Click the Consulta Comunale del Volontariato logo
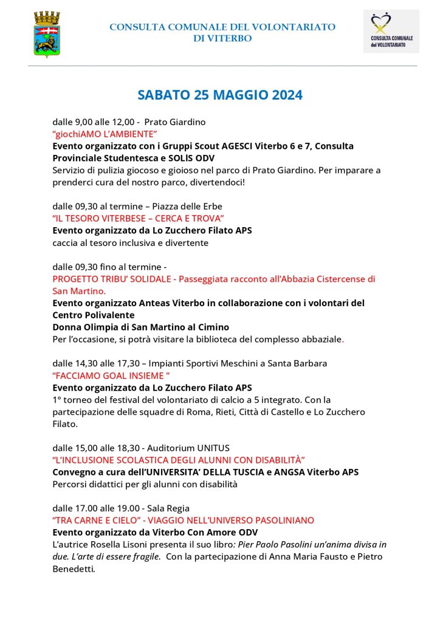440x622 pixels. [391, 31]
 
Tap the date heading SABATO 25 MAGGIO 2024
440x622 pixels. [220, 95]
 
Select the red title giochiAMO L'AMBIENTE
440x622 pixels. [105, 134]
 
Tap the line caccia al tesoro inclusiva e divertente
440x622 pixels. [130, 242]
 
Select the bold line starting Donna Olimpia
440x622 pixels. [140, 327]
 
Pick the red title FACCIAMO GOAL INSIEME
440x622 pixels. [107, 375]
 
